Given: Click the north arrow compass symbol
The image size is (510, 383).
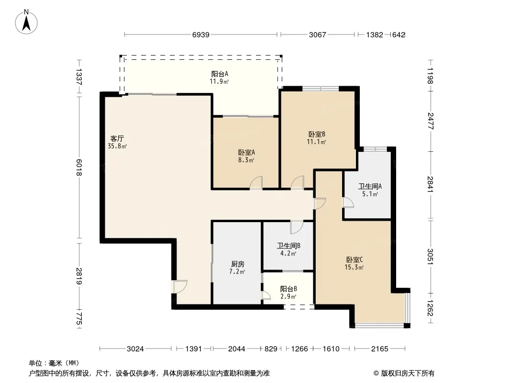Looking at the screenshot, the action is pyautogui.click(x=26, y=22).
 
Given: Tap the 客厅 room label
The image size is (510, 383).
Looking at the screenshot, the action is pyautogui.click(x=117, y=139).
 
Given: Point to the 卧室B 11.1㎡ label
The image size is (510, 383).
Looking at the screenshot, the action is pyautogui.click(x=317, y=138).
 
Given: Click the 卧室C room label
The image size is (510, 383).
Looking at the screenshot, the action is pyautogui.click(x=354, y=259).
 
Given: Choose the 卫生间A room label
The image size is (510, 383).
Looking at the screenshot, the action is pyautogui.click(x=370, y=186).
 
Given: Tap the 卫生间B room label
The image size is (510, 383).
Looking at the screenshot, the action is pyautogui.click(x=288, y=246).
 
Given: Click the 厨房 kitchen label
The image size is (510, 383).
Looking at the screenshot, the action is pyautogui.click(x=237, y=264).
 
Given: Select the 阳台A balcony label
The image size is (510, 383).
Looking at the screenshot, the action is pyautogui.click(x=220, y=74).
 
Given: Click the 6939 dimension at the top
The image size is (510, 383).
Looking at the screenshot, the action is pyautogui.click(x=200, y=35).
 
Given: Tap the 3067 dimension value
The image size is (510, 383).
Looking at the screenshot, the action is pyautogui.click(x=318, y=35).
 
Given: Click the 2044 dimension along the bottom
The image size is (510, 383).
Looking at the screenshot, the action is pyautogui.click(x=236, y=349).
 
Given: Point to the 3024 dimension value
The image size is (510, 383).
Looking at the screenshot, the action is pyautogui.click(x=135, y=349).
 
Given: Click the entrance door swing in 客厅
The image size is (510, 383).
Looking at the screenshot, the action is pyautogui.click(x=180, y=287).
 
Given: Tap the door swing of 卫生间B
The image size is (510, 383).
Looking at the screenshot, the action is pyautogui.click(x=296, y=227).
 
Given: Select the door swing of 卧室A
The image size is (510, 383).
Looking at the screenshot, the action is pyautogui.click(x=256, y=182).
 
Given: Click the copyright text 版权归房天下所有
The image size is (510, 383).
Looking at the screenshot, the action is pyautogui.click(x=408, y=373).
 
